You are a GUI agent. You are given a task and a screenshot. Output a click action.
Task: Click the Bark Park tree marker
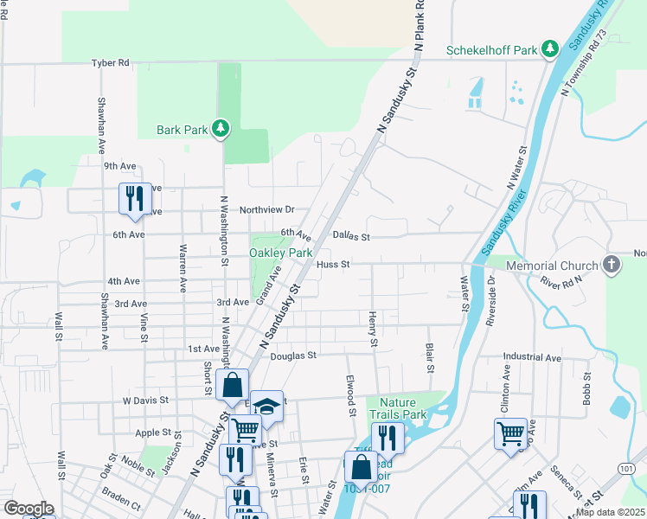[x=221, y=129]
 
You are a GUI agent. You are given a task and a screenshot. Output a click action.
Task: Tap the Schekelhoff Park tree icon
[x=549, y=49]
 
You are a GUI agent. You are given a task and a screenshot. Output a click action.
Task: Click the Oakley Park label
[x=280, y=253]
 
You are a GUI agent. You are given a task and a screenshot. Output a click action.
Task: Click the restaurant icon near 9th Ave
[x=134, y=198]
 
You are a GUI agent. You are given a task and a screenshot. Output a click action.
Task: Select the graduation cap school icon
[x=267, y=406]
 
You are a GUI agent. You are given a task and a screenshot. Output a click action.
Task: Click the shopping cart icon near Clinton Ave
[x=510, y=432]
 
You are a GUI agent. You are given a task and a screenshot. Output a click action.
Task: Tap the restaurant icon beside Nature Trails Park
[x=388, y=437]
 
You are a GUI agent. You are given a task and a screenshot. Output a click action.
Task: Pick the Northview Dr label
[x=267, y=209]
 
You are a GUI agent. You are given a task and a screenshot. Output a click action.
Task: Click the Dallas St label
[x=352, y=236]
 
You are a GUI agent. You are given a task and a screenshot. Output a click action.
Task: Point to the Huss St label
[x=332, y=264]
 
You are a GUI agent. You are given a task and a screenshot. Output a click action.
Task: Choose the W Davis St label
[x=144, y=400]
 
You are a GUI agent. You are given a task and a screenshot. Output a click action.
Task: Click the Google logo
[x=29, y=509]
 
